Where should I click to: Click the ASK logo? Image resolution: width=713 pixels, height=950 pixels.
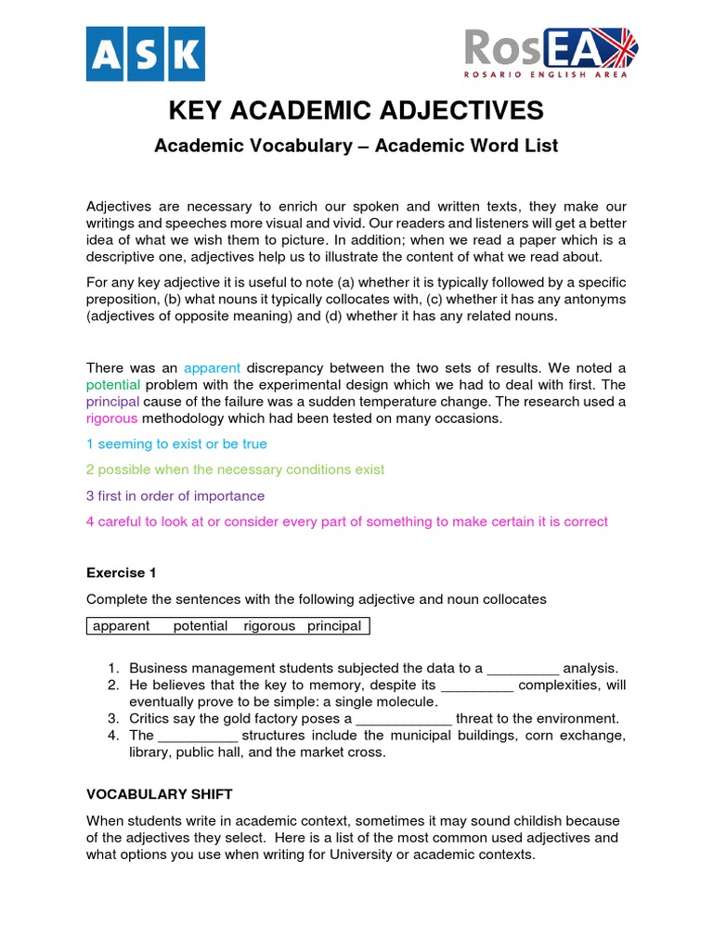point(145,54)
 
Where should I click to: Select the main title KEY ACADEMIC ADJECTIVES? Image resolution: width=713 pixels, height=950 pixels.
point(356,110)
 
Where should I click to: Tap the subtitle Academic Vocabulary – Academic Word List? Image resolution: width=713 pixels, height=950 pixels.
point(356,146)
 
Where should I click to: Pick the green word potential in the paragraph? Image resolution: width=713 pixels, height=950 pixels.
point(113,384)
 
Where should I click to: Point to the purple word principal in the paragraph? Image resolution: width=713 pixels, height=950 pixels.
point(112,402)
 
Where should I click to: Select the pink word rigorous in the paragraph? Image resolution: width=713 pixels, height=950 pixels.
point(111,418)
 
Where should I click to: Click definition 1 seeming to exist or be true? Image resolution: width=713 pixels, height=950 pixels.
point(176,444)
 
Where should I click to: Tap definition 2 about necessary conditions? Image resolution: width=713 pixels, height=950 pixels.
point(235,470)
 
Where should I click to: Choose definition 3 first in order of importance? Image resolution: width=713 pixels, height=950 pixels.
point(175,495)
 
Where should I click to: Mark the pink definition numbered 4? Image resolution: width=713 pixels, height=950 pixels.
point(347,521)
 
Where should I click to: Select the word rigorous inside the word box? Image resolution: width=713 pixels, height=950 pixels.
point(269,626)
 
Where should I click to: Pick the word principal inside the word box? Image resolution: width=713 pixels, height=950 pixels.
point(334,626)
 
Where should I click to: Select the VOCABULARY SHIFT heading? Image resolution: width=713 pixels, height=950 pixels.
point(159,794)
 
